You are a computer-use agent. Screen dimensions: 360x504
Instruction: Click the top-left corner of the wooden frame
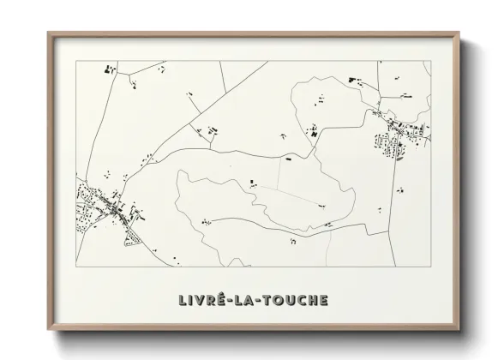[x=48, y=33]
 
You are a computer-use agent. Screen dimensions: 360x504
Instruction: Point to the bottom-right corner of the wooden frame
[x=459, y=330]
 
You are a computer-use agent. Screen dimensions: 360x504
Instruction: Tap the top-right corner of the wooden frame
[x=459, y=33]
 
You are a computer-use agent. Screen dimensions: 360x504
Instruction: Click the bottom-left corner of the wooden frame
[x=48, y=330]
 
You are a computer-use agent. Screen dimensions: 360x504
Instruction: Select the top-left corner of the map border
[x=76, y=61]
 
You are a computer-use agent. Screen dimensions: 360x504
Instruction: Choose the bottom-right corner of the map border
[x=430, y=267]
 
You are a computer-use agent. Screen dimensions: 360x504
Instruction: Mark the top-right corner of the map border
[x=430, y=61]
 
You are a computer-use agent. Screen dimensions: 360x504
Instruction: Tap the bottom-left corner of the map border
[x=76, y=267]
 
